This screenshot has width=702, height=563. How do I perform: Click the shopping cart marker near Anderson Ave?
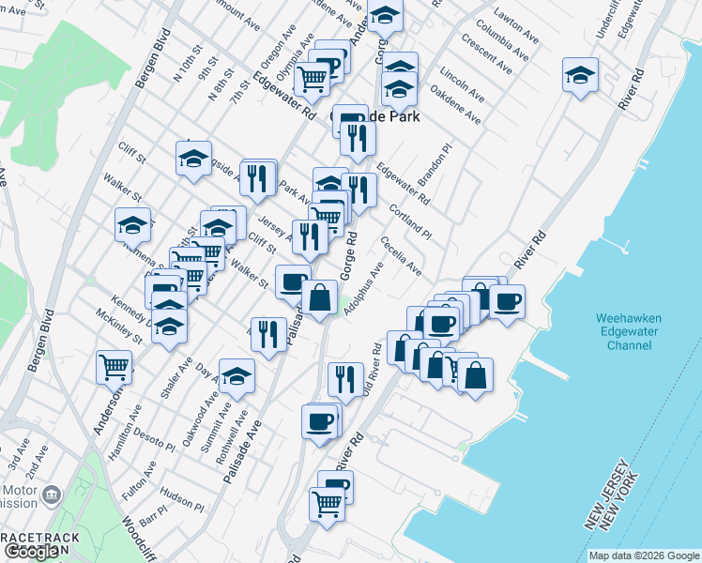tap(114, 366)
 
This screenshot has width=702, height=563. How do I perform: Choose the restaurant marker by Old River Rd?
tap(345, 378)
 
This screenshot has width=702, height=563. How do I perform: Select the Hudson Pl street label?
tap(181, 497)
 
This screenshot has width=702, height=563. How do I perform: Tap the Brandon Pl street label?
tap(434, 165)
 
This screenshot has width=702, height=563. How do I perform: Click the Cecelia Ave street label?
tap(401, 255)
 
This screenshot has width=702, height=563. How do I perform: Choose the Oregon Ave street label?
tap(279, 59)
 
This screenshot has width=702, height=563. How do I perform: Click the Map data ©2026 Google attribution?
tap(644, 555)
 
